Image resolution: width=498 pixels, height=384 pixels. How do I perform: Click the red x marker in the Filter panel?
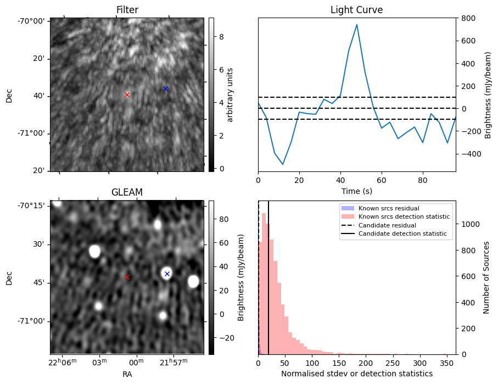click(x=127, y=94)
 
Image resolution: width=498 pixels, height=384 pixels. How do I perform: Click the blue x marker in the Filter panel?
click(x=165, y=88)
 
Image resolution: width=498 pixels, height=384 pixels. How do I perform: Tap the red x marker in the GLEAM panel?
click(x=127, y=277)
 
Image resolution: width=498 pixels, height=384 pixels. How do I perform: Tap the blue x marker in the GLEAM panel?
click(x=167, y=274)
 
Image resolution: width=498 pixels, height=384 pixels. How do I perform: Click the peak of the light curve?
click(x=357, y=25)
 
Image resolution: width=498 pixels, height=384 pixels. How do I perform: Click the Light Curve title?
click(x=356, y=10)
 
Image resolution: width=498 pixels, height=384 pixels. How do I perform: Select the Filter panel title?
click(x=127, y=10)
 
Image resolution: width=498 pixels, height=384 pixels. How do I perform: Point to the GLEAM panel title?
click(x=127, y=192)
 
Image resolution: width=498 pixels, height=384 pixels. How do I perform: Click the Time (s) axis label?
click(x=357, y=190)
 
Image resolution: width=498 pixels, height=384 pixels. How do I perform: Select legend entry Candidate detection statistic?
click(x=404, y=234)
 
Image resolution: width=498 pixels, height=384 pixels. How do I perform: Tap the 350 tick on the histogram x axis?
click(x=447, y=363)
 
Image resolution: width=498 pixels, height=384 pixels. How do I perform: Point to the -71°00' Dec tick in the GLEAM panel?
click(x=30, y=321)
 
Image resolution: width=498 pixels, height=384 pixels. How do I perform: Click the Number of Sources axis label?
click(x=487, y=277)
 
